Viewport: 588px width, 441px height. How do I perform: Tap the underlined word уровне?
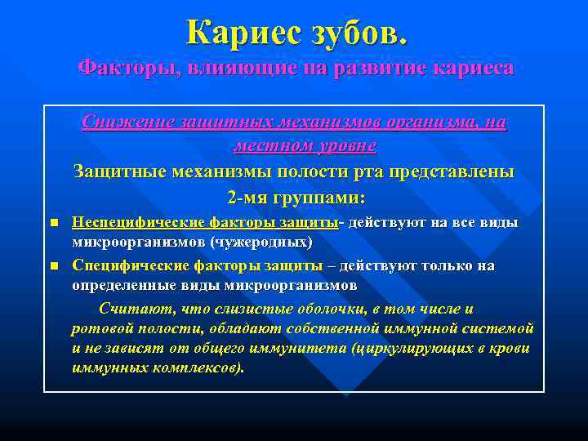(x=344, y=147)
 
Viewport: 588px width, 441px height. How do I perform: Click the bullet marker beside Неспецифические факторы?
(x=54, y=223)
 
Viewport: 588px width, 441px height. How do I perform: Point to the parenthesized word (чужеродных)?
(x=261, y=243)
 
